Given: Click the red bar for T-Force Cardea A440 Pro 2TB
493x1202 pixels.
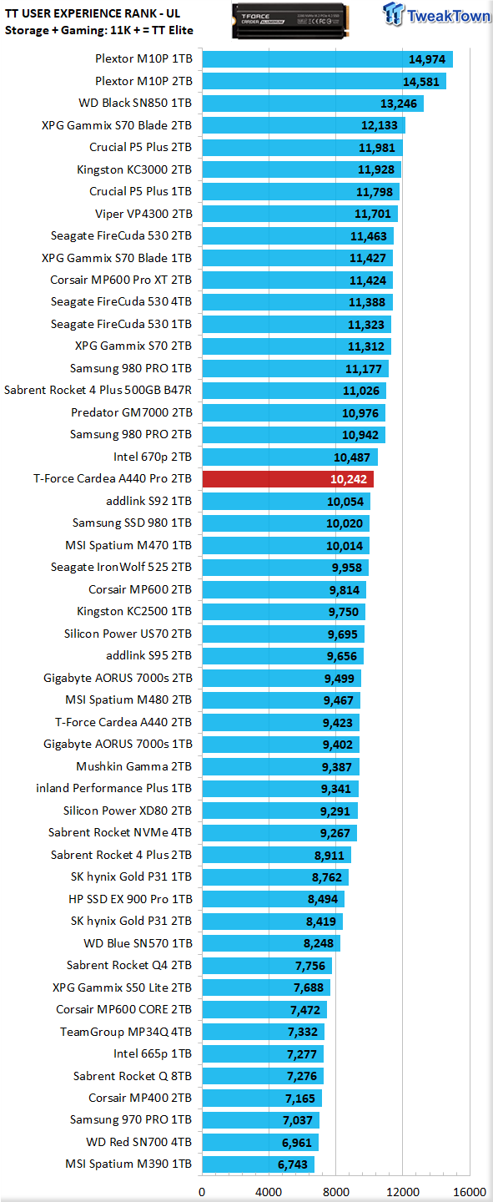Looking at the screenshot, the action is pyautogui.click(x=288, y=478).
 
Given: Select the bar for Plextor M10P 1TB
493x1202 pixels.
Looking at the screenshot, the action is pyautogui.click(x=327, y=59).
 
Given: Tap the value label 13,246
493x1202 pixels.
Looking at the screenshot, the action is pyautogui.click(x=399, y=104).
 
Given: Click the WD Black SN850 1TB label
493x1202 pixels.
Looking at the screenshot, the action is pyautogui.click(x=135, y=103).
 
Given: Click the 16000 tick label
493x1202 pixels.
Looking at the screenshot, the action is pyautogui.click(x=470, y=1192).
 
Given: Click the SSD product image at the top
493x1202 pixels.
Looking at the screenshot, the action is pyautogui.click(x=290, y=20).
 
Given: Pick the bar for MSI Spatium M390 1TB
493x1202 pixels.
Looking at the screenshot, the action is pyautogui.click(x=258, y=1164).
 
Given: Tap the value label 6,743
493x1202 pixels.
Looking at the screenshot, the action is pyautogui.click(x=292, y=1165).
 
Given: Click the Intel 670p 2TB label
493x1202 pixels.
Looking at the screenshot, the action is pyautogui.click(x=153, y=457).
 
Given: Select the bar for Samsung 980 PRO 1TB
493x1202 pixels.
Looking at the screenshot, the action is pyautogui.click(x=295, y=369).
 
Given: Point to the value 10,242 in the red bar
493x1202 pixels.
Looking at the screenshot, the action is pyautogui.click(x=349, y=479).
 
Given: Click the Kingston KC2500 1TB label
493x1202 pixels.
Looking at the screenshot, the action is pyautogui.click(x=134, y=611).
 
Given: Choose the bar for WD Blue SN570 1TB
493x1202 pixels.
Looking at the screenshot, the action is pyautogui.click(x=271, y=943).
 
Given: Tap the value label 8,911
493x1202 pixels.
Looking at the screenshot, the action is pyautogui.click(x=330, y=856).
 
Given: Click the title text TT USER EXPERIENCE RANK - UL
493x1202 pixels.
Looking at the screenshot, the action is pyautogui.click(x=93, y=13).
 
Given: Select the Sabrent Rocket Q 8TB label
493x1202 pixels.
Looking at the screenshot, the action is pyautogui.click(x=133, y=1076).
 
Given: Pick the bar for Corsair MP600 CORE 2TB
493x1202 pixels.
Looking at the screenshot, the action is pyautogui.click(x=264, y=1009).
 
